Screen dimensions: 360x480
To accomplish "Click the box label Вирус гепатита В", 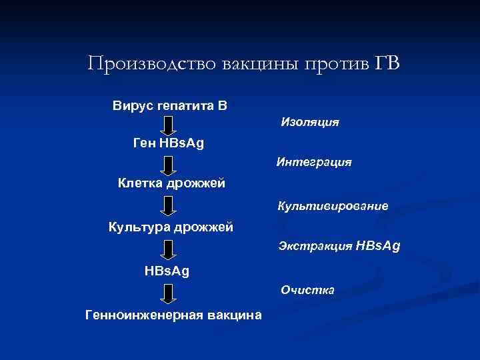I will pyautogui.click(x=170, y=106).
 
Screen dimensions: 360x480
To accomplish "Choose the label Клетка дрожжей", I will pyautogui.click(x=171, y=182).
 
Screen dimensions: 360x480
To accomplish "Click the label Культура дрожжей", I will pyautogui.click(x=171, y=227).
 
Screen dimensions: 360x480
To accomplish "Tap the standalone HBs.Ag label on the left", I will pyautogui.click(x=167, y=271).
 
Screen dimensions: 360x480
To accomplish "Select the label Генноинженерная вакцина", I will pyautogui.click(x=173, y=315).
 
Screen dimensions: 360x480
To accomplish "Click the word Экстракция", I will pyautogui.click(x=316, y=247).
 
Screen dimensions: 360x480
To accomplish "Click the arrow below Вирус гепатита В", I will pyautogui.click(x=169, y=125).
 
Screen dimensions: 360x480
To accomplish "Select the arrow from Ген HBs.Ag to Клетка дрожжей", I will pyautogui.click(x=169, y=164).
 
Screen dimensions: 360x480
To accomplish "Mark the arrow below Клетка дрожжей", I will pyautogui.click(x=169, y=205).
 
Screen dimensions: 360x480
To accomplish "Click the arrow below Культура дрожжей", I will pyautogui.click(x=169, y=249).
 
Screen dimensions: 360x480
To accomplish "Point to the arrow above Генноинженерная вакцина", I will pyautogui.click(x=169, y=292).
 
